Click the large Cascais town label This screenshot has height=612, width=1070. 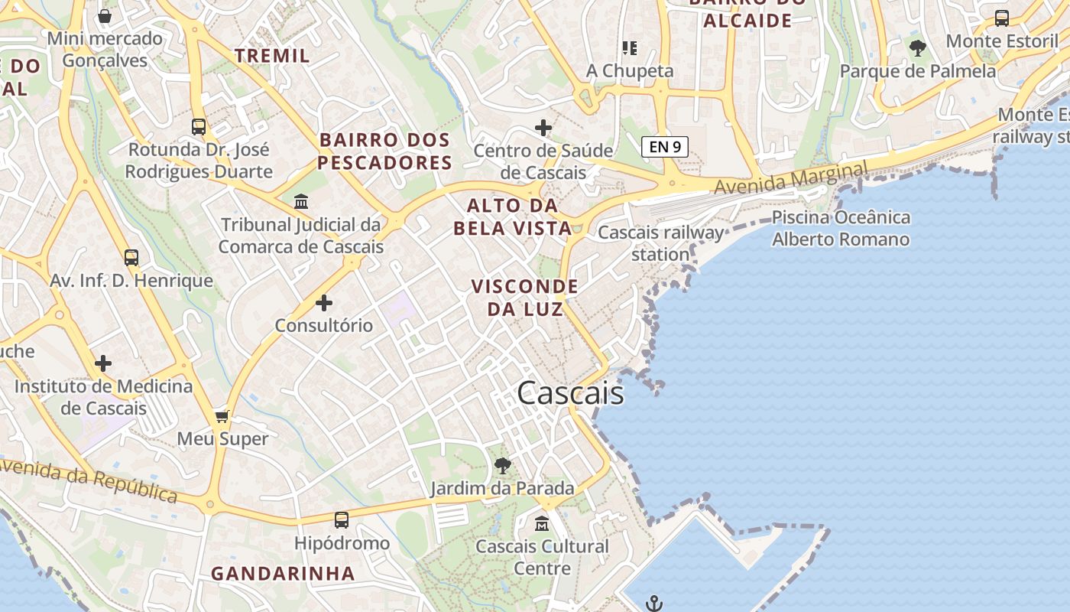(570, 393)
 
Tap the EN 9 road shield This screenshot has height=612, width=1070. (665, 146)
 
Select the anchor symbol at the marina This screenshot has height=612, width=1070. (653, 604)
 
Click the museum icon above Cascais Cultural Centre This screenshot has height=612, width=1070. (542, 524)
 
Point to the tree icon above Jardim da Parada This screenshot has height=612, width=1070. (503, 465)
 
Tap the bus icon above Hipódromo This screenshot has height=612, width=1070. (342, 520)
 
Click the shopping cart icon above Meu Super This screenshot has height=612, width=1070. (222, 416)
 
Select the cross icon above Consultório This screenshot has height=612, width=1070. (324, 303)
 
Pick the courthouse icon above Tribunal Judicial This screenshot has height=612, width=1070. (301, 202)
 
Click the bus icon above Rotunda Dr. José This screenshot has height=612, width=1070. (199, 126)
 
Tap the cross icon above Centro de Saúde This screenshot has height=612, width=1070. (543, 127)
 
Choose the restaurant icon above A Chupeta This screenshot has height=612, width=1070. (630, 48)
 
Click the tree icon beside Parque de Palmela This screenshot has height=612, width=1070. (918, 48)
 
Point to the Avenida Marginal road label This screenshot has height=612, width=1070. (791, 177)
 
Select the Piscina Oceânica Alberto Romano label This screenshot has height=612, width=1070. (841, 228)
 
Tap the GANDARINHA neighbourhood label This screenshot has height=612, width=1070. (283, 573)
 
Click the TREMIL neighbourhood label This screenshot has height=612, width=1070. (272, 55)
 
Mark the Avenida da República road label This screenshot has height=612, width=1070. (88, 478)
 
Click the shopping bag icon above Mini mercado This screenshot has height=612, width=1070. (105, 15)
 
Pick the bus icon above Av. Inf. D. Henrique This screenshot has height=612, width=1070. (131, 257)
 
